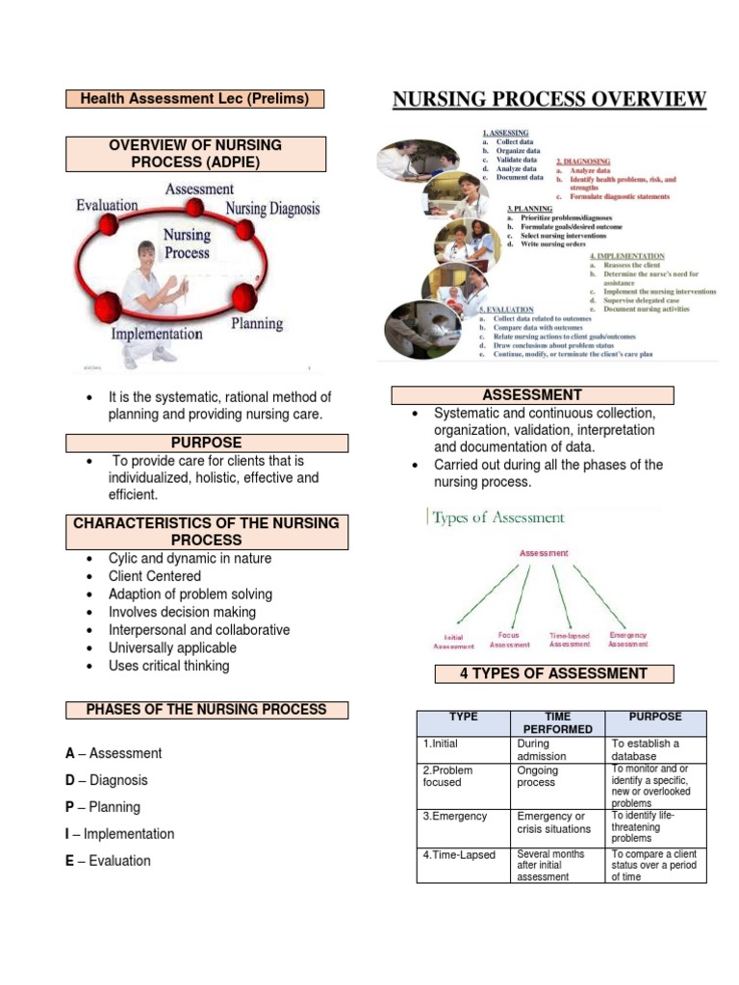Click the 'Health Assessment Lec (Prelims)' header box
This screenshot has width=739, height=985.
194,98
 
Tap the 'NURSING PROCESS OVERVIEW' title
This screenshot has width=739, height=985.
548,100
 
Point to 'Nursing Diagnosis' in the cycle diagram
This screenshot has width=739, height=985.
272,208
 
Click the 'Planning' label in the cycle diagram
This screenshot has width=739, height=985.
257,324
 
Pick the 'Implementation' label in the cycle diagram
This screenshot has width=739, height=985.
157,334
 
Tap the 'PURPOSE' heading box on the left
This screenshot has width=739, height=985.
206,442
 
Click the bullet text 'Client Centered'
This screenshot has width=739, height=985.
155,576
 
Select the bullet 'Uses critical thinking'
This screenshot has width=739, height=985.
168,666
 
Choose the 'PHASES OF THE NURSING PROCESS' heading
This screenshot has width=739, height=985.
206,710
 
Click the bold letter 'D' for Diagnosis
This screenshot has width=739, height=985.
70,780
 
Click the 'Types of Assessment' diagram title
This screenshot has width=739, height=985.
497,518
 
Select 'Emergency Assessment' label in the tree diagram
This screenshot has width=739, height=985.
628,640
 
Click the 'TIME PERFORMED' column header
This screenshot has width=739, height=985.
557,723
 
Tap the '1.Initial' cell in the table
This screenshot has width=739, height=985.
441,744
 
